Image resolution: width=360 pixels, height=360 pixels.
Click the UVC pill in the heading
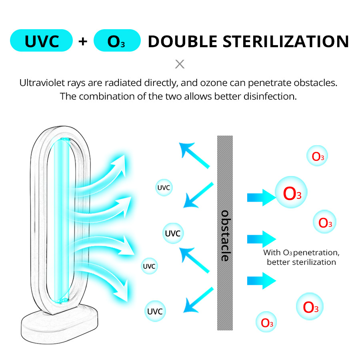pyautogui.click(x=41, y=41)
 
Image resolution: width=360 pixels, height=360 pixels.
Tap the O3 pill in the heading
pyautogui.click(x=117, y=41)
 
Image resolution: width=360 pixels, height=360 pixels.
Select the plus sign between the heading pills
pyautogui.click(x=83, y=41)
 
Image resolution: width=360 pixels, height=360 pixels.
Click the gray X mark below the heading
pyautogui.click(x=180, y=64)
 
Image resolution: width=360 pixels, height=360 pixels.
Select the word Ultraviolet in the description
pyautogui.click(x=39, y=83)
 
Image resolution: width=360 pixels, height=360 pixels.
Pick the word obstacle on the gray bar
pyautogui.click(x=225, y=236)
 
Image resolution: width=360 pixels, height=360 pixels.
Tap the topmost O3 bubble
pyautogui.click(x=318, y=156)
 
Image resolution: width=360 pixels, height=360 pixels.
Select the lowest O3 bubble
pyautogui.click(x=267, y=322)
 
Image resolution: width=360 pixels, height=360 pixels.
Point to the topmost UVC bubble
pyautogui.click(x=164, y=187)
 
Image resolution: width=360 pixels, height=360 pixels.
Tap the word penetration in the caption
pyautogui.click(x=316, y=253)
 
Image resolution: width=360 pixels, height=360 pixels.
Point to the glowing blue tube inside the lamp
pyautogui.click(x=62, y=220)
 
